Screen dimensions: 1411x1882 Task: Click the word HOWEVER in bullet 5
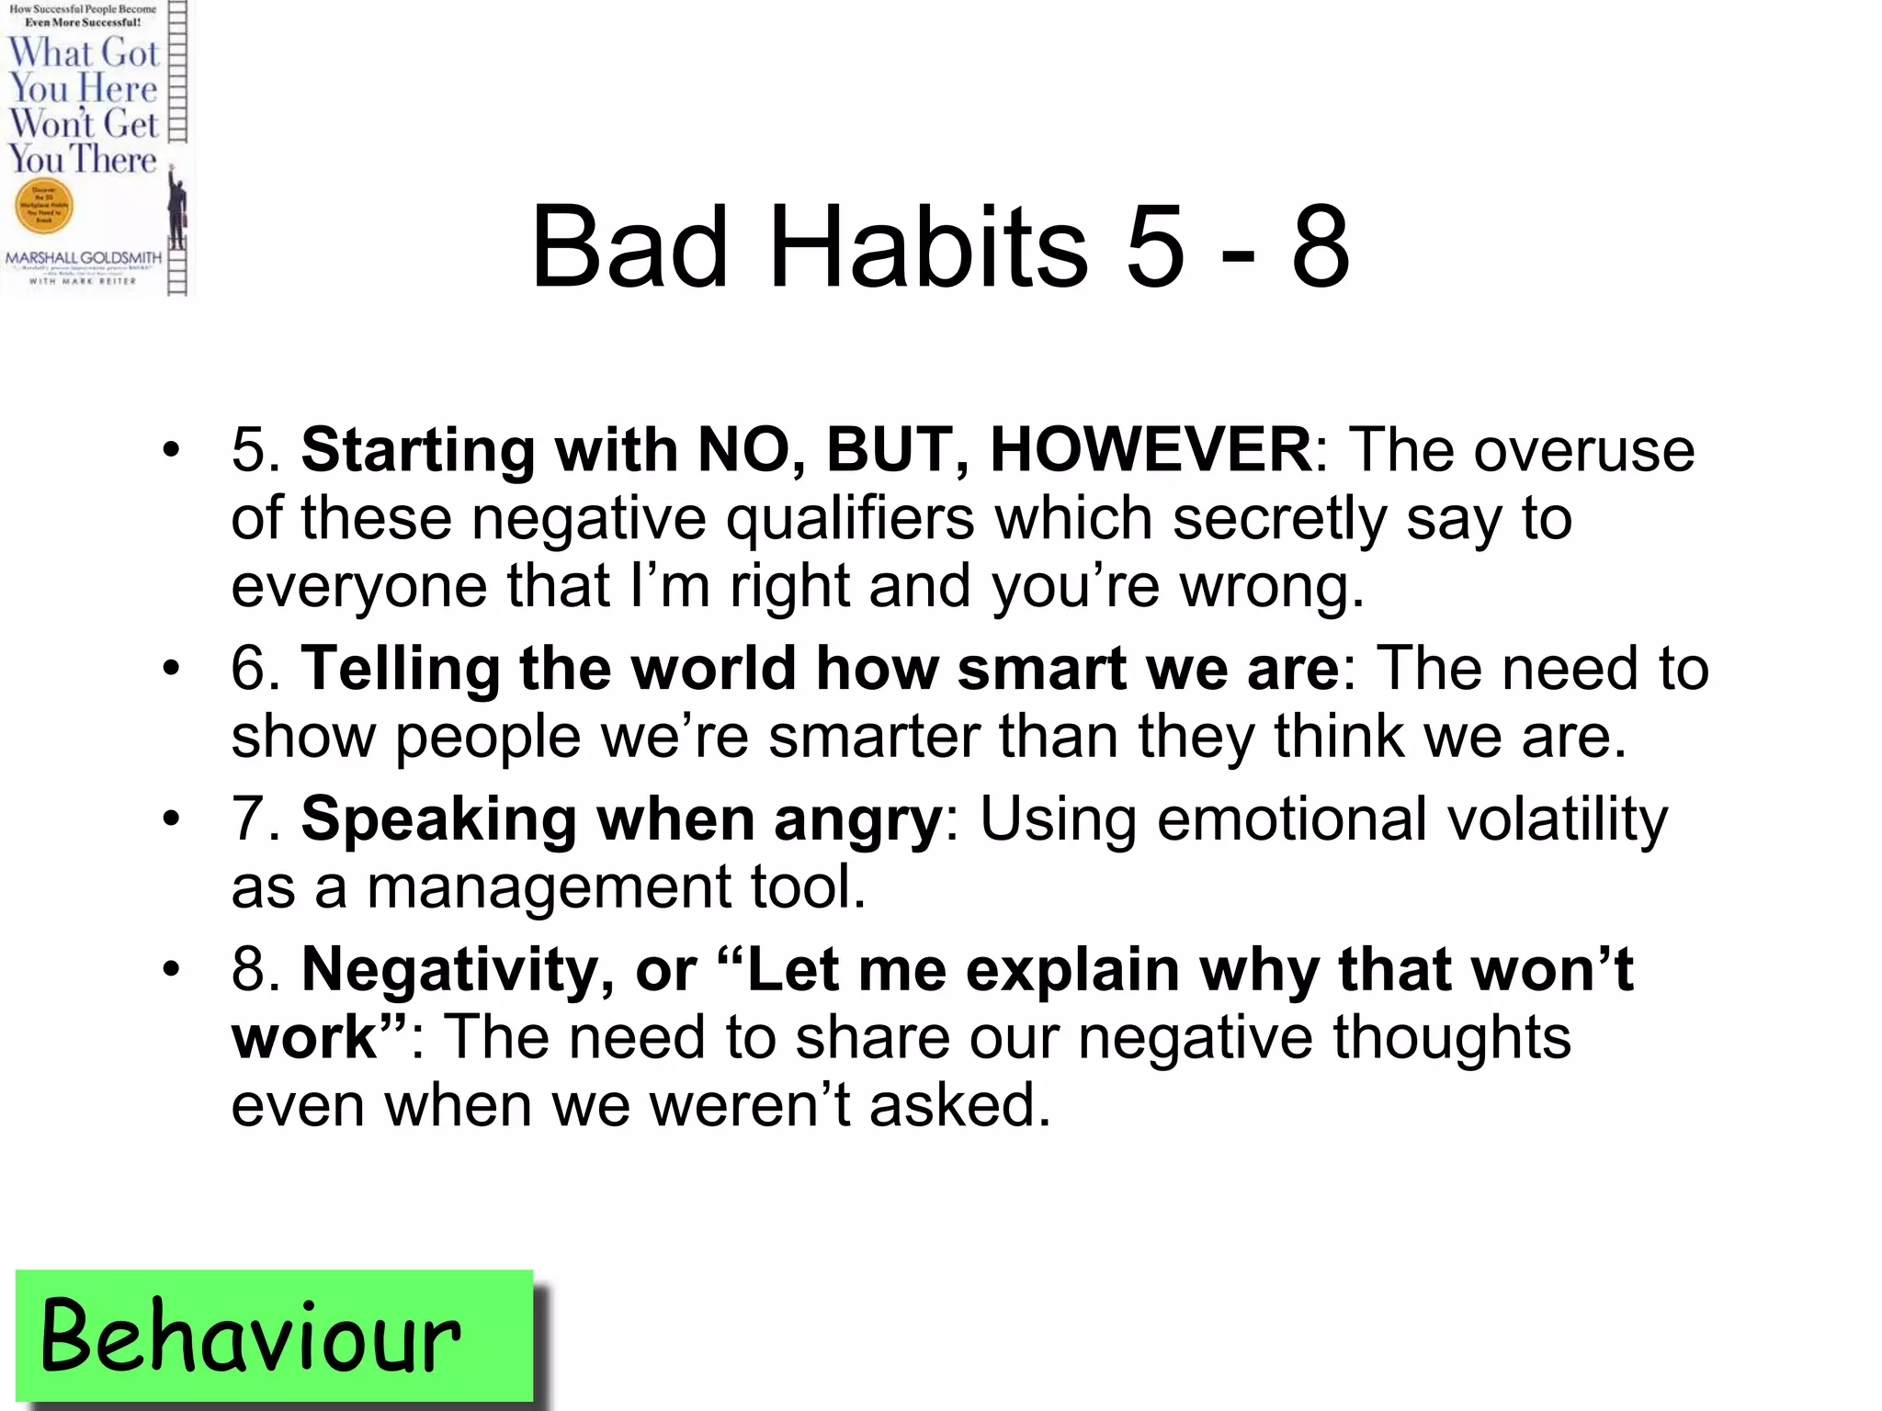(1151, 450)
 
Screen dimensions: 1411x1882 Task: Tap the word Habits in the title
(928, 246)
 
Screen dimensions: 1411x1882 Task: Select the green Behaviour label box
(274, 1337)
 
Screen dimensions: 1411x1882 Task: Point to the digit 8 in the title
(1320, 246)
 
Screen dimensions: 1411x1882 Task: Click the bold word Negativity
(448, 970)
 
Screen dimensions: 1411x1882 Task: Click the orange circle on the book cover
(43, 206)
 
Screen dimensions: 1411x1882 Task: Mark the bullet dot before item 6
(172, 668)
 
